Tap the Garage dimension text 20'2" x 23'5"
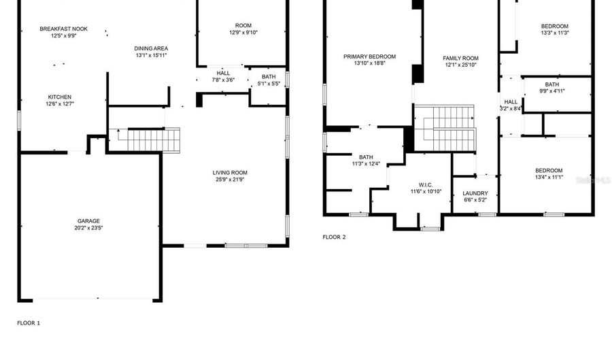88,227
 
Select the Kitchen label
59,97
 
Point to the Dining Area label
151,48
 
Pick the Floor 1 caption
29,323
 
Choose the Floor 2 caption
334,238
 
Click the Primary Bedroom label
369,56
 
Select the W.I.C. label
426,185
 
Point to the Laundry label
475,193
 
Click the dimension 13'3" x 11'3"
554,33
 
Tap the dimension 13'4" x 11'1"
549,177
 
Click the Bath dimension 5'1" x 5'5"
269,84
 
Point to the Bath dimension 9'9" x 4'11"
552,91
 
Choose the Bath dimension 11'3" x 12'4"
367,163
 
